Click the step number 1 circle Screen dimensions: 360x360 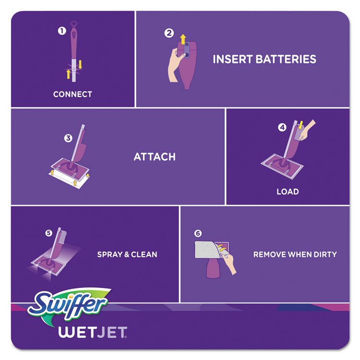point(62,31)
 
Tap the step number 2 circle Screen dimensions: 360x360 point(169,33)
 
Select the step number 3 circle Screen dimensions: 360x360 point(68,138)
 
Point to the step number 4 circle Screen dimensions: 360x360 point(282,127)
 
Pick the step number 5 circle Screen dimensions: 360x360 point(48,233)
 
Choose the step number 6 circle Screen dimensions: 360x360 point(198,233)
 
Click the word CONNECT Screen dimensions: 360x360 point(72,94)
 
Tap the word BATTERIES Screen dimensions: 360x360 point(286,59)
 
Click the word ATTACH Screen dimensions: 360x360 point(155,157)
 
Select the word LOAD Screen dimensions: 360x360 point(288,192)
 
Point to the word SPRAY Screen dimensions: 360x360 point(109,254)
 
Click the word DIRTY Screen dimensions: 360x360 point(325,254)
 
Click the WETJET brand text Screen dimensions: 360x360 point(93,332)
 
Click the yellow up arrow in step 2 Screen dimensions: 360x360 point(183,39)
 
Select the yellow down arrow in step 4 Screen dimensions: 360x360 point(301,125)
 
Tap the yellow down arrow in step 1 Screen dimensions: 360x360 point(80,64)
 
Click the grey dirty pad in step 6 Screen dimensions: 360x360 point(206,250)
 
